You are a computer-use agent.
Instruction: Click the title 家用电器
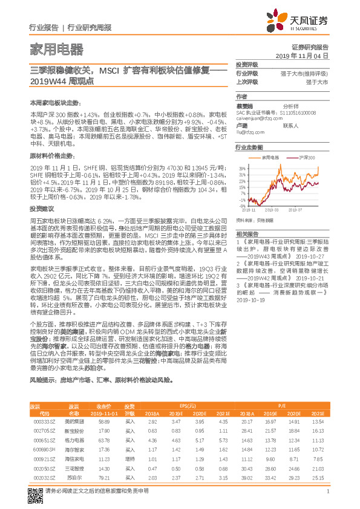(57, 48)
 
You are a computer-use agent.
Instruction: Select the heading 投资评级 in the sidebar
(247, 65)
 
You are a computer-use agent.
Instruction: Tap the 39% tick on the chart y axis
(241, 168)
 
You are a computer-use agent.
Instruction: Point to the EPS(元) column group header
(191, 389)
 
